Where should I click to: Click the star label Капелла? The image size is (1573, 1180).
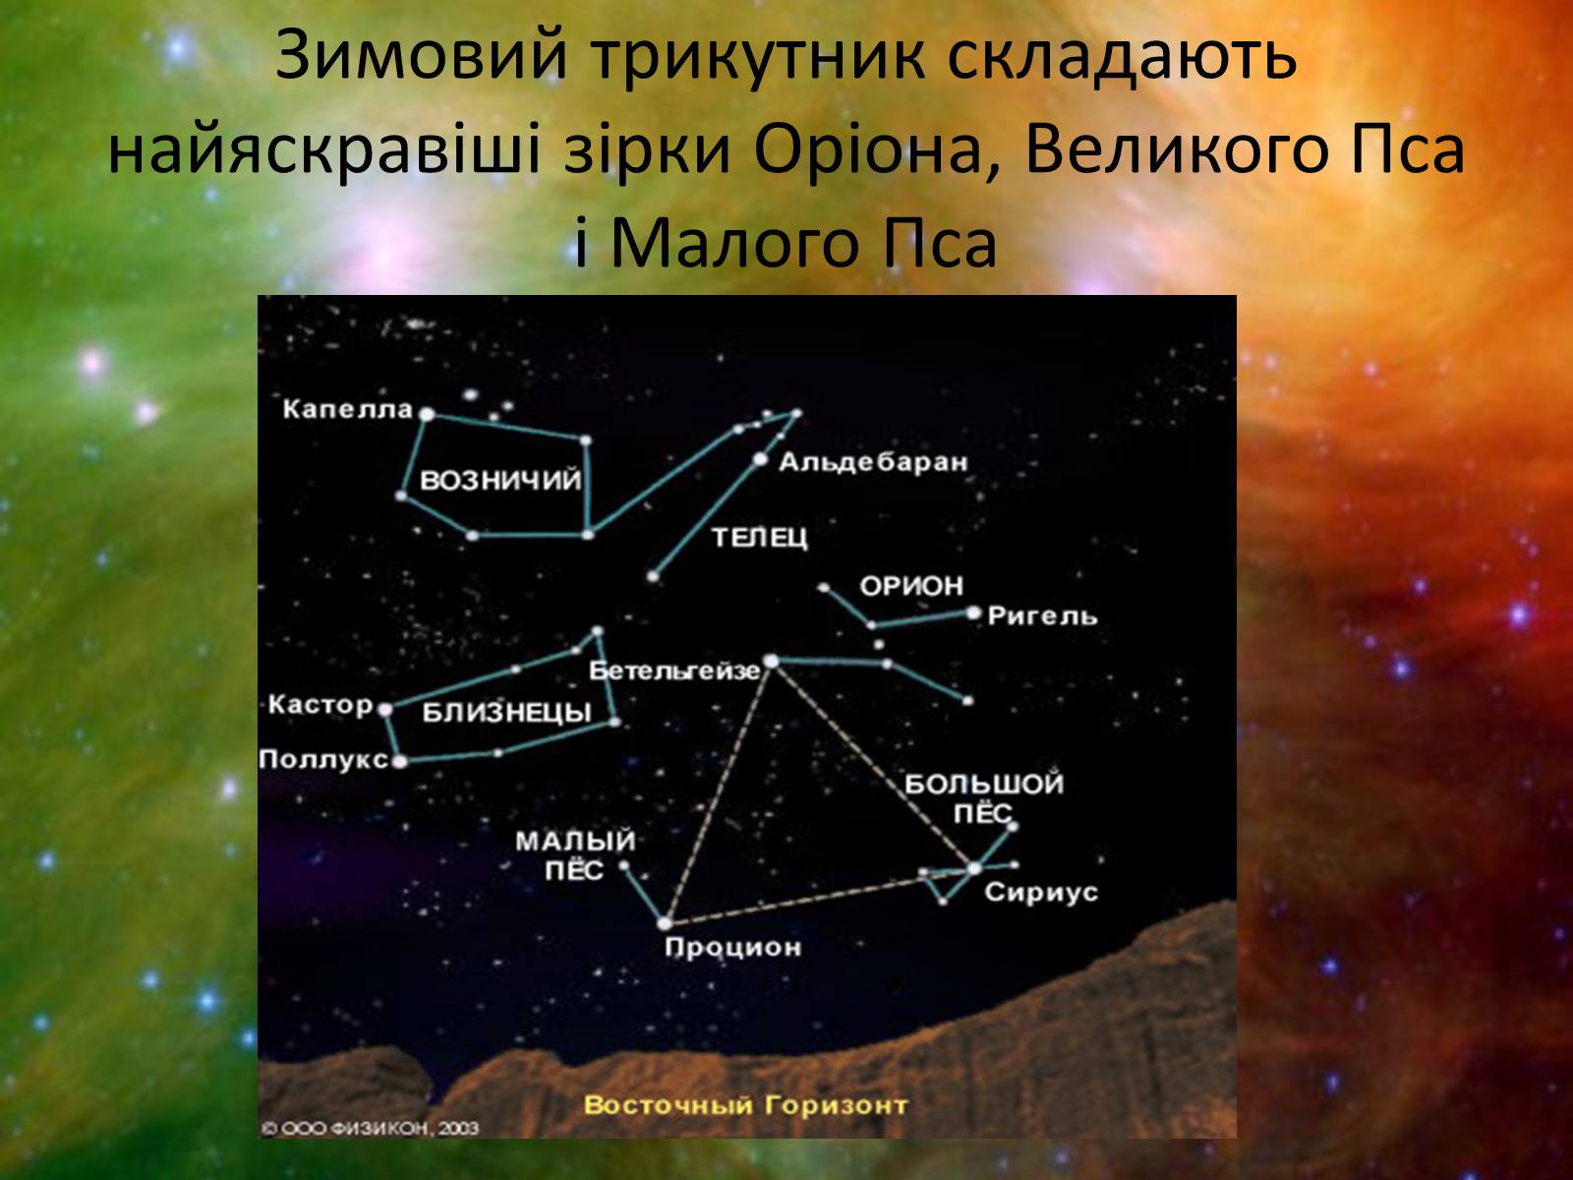(348, 410)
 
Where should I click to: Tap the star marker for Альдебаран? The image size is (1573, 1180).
(760, 458)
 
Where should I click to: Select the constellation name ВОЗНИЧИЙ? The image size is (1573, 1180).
(500, 480)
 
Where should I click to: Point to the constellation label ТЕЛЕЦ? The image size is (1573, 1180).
(760, 537)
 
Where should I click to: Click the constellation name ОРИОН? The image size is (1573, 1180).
(911, 587)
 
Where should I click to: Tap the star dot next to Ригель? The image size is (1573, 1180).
(973, 613)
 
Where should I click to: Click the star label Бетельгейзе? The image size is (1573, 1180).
(673, 672)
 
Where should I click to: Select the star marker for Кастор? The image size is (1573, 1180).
(384, 709)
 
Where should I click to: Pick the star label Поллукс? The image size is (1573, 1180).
(323, 759)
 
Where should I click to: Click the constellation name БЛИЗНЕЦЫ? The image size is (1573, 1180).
(506, 713)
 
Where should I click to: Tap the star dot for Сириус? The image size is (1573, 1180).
(974, 868)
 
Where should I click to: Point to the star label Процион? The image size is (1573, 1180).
(733, 948)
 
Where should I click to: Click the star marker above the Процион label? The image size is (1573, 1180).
(665, 922)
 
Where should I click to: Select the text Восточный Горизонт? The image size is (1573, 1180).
(746, 1104)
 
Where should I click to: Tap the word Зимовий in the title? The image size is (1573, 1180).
(422, 56)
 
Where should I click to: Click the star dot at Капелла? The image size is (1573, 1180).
(427, 413)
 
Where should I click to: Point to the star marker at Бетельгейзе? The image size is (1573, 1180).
(771, 661)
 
